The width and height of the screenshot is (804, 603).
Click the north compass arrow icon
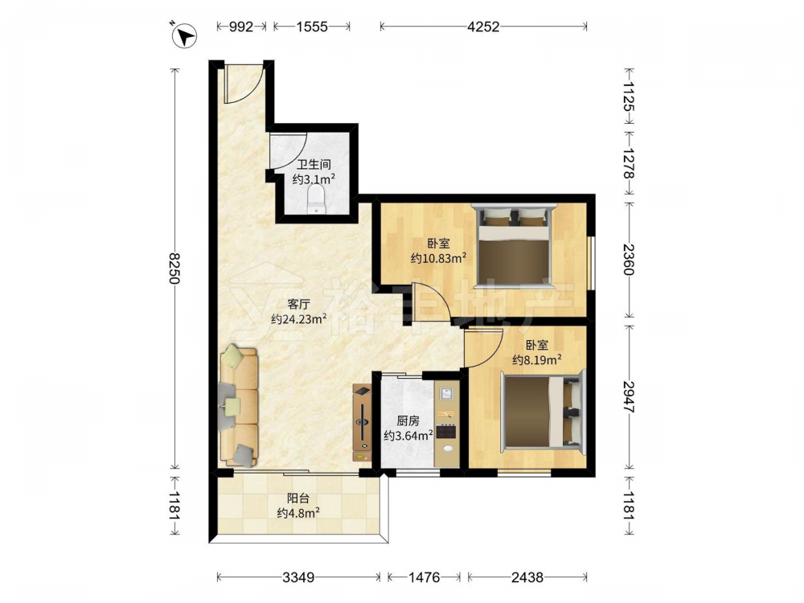[185, 36]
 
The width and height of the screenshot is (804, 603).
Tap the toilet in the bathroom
[315, 200]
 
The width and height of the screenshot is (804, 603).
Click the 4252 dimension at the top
[483, 27]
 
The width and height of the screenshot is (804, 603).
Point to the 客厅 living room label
[299, 304]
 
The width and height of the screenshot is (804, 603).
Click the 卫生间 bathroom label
[314, 165]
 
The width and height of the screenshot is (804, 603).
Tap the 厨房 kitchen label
[408, 421]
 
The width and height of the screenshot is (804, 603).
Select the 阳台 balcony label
[298, 498]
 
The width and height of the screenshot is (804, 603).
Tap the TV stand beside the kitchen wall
[362, 424]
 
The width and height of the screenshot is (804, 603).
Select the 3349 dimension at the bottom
[298, 577]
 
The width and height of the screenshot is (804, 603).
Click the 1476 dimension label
[424, 577]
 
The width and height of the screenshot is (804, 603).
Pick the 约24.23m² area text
[299, 319]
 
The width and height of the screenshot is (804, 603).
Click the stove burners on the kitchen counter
[446, 432]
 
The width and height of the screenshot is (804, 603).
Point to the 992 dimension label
[240, 27]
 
